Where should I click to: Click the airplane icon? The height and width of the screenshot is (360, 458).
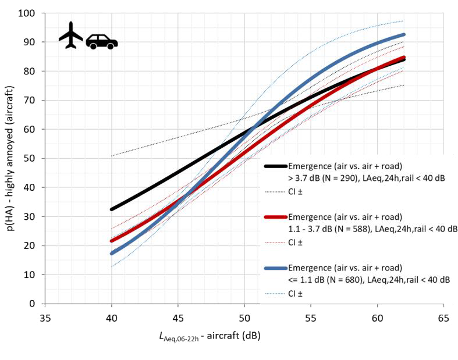tap(71, 35)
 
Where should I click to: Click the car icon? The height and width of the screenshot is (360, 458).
tap(102, 41)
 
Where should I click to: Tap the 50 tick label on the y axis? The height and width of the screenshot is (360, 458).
tap(31, 158)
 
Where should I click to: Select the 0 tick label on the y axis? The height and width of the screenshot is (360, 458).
tap(34, 304)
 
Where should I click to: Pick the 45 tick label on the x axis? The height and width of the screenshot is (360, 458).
tap(178, 319)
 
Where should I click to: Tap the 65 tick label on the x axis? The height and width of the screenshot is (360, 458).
tap(444, 319)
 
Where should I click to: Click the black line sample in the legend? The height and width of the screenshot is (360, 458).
tap(275, 166)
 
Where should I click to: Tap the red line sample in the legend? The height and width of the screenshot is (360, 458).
tap(275, 216)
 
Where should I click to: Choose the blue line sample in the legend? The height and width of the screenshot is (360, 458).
tap(275, 268)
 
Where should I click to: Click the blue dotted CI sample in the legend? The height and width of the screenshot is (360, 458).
tap(275, 294)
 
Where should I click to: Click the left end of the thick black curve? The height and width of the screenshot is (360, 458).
tap(111, 209)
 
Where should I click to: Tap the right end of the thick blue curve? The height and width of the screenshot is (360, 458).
tap(403, 35)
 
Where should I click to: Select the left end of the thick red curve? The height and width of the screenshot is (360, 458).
tap(111, 240)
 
